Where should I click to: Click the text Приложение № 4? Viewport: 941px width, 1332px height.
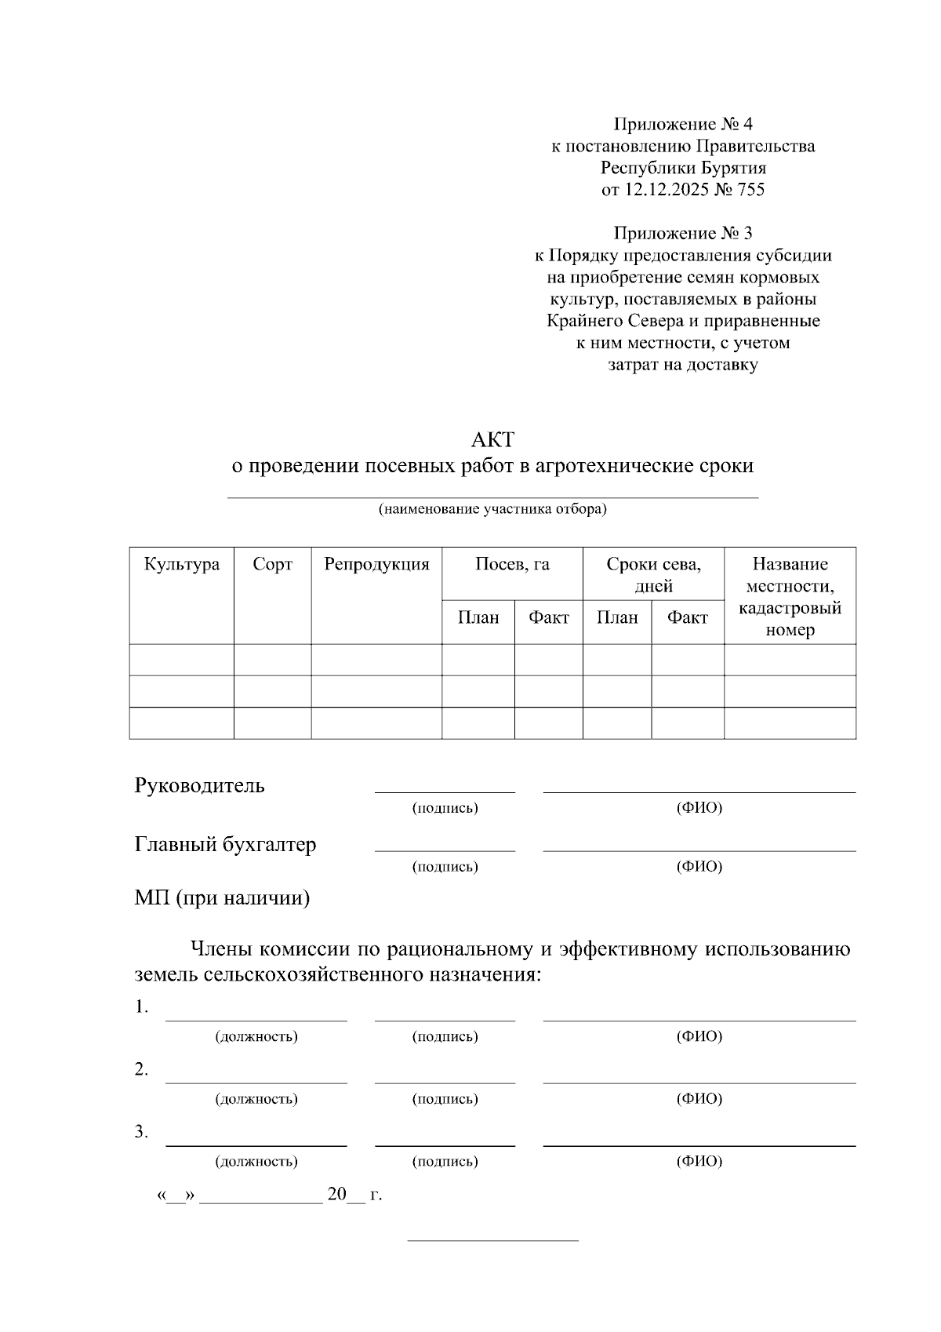point(683,124)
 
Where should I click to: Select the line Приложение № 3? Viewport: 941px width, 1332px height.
point(683,233)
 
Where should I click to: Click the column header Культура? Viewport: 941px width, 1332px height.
point(182,564)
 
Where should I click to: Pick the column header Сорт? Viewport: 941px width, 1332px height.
point(272,564)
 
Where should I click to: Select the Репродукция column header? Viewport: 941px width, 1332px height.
point(376,564)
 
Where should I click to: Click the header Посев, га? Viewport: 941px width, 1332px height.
point(512,564)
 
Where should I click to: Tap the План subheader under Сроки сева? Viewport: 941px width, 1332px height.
point(616,617)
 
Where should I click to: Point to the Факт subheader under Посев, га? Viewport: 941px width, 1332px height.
point(548,617)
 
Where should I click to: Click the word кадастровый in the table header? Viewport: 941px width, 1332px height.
point(790,608)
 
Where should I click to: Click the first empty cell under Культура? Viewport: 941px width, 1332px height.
point(182,660)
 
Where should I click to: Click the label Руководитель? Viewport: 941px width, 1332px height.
point(199,785)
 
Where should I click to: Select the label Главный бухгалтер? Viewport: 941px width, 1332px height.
point(225,845)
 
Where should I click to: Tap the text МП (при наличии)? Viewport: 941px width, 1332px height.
point(222,898)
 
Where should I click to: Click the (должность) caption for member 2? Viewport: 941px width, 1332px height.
point(256,1098)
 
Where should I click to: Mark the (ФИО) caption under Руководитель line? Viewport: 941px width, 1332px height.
point(699,808)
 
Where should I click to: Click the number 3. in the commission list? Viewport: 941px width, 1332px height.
point(141,1132)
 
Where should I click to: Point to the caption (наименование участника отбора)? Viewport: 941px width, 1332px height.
point(492,509)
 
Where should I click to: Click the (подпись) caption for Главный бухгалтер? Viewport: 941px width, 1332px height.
point(445,867)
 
